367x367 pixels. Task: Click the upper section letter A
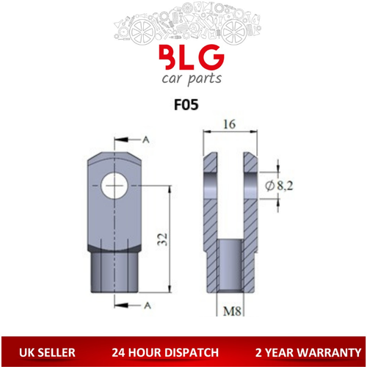point(148,139)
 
